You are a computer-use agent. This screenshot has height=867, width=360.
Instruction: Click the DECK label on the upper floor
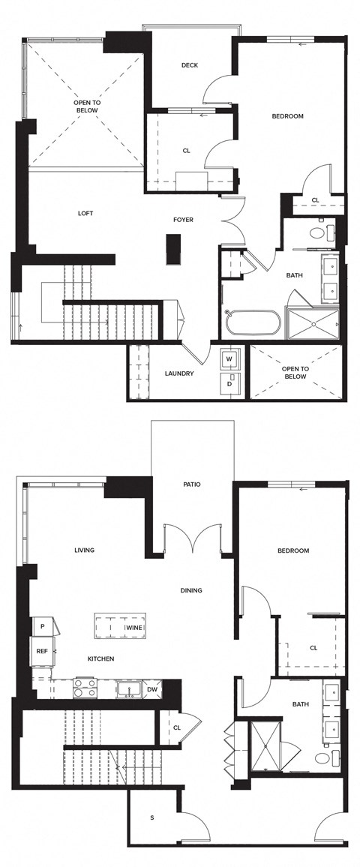(190, 65)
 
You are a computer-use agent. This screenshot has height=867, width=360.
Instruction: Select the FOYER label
(184, 220)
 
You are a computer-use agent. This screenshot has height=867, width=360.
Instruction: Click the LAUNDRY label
(179, 373)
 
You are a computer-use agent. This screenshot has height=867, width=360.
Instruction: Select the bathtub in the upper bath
(253, 323)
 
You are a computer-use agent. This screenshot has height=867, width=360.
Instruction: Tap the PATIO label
(192, 484)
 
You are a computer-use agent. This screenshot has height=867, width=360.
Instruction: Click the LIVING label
(84, 550)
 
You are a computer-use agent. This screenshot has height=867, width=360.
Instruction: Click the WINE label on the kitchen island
(134, 627)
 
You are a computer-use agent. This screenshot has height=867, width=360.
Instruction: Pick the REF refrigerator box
(42, 651)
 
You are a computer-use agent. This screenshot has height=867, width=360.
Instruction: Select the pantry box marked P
(42, 626)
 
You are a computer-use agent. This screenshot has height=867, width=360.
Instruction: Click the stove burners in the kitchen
(85, 688)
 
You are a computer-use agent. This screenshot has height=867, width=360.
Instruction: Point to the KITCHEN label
(100, 658)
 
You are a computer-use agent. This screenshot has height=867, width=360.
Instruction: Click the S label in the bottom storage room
(152, 817)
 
